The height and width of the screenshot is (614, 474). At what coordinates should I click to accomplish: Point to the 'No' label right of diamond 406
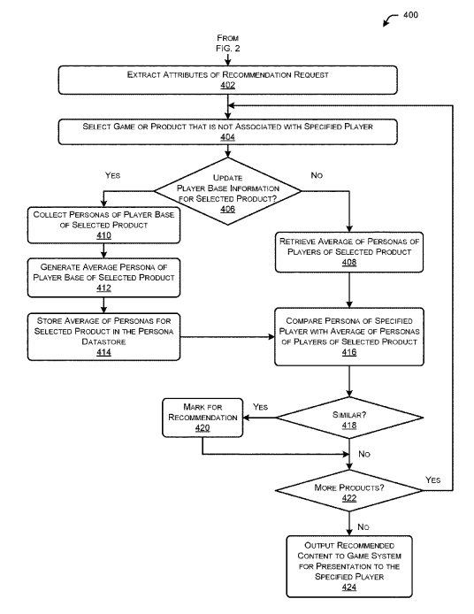pyautogui.click(x=317, y=175)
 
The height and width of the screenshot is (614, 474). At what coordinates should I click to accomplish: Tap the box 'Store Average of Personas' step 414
pyautogui.click(x=103, y=336)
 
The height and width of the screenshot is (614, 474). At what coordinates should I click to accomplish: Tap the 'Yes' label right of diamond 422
pyautogui.click(x=432, y=480)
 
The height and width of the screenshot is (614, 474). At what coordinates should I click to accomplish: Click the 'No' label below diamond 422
pyautogui.click(x=363, y=526)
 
